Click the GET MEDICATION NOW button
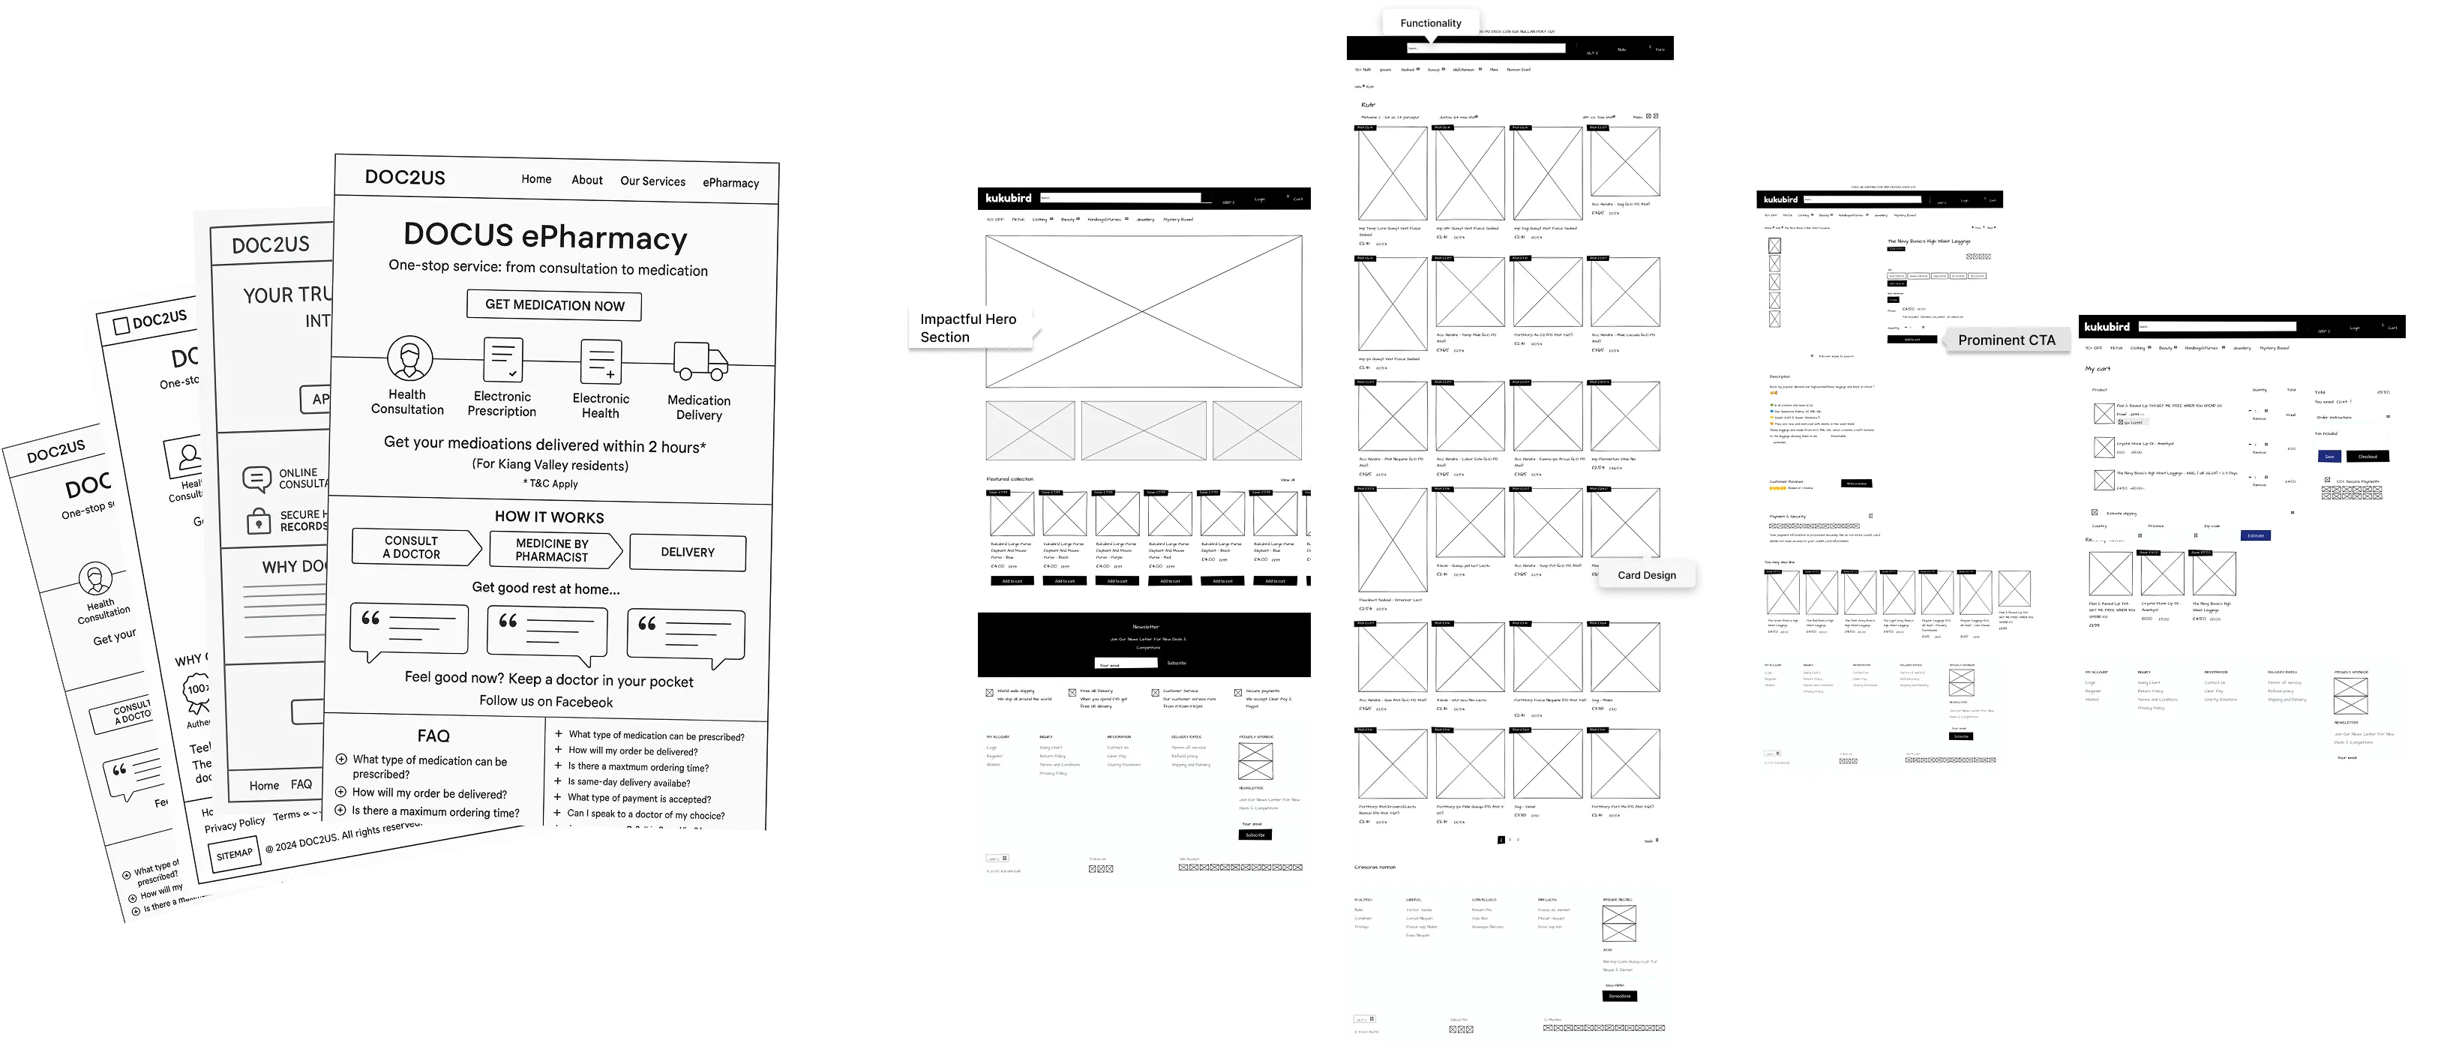(553, 305)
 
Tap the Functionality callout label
(1430, 23)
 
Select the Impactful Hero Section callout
(968, 328)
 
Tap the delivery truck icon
(700, 361)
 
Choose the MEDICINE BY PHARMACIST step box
(553, 550)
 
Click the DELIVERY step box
(687, 552)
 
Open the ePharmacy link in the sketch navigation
(730, 182)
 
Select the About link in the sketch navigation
(587, 179)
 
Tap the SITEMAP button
(234, 854)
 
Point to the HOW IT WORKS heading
(549, 517)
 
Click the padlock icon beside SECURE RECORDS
(258, 521)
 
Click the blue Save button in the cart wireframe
(2329, 456)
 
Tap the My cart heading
(2098, 368)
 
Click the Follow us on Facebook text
(546, 702)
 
